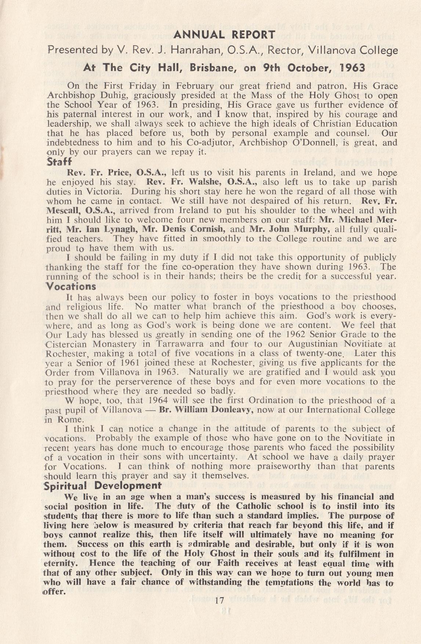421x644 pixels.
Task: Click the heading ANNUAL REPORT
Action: [x=224, y=35]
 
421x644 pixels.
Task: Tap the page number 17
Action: [x=220, y=601]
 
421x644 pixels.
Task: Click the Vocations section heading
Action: [x=70, y=286]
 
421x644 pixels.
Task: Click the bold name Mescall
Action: [x=64, y=211]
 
